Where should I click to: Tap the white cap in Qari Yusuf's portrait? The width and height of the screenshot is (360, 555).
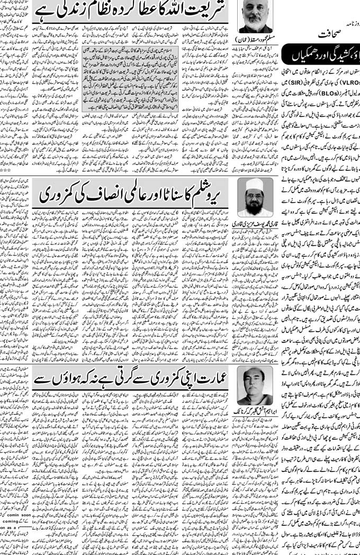[255, 183]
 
